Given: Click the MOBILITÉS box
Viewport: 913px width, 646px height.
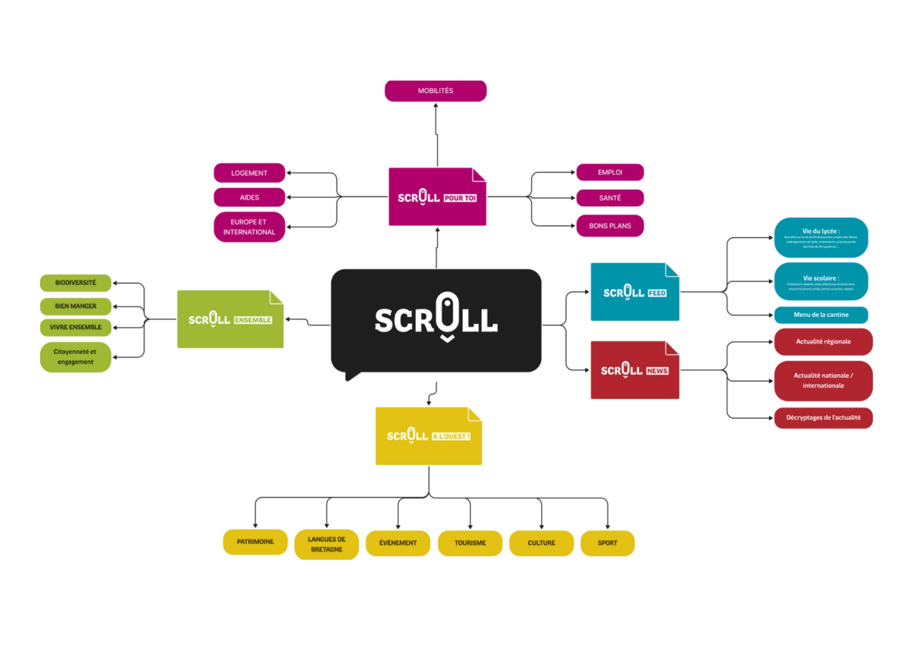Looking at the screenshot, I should [x=436, y=91].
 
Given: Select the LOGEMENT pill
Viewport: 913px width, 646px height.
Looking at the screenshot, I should [x=249, y=173].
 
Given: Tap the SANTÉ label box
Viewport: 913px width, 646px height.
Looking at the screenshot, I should [x=610, y=198].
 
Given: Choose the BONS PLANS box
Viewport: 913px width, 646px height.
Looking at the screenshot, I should [x=610, y=226].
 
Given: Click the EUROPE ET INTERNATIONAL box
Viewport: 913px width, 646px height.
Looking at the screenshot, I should [x=249, y=227].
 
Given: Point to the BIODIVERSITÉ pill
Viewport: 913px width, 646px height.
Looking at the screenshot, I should [x=76, y=283].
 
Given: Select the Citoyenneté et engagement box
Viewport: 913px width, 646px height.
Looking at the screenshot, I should [x=76, y=357].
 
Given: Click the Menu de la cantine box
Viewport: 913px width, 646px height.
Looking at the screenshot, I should [x=821, y=315].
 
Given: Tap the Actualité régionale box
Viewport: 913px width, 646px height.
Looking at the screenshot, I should [x=823, y=342].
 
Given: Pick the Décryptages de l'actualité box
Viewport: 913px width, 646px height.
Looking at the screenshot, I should [x=823, y=418].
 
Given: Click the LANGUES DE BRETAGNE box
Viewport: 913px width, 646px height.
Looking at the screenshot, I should [x=326, y=544].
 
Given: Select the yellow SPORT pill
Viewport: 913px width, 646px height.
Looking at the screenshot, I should [x=607, y=543].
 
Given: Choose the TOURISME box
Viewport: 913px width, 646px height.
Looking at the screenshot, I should [x=470, y=543].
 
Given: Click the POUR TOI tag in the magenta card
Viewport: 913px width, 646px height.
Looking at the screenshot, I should [x=460, y=198].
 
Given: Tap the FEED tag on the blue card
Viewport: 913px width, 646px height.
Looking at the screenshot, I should [x=657, y=293].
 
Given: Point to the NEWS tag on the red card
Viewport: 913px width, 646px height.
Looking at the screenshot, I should [x=657, y=371].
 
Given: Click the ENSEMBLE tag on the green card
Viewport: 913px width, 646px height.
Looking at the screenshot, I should [x=253, y=320].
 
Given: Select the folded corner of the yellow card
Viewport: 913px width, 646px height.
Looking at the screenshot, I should [x=475, y=414].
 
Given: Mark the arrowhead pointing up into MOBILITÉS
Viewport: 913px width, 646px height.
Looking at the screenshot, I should [x=436, y=106].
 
